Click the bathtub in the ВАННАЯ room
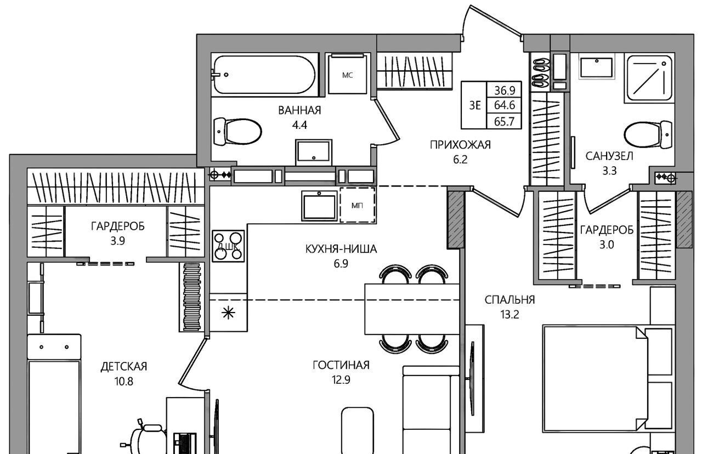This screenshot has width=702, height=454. [x=264, y=75]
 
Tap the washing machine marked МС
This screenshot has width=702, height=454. [x=348, y=74]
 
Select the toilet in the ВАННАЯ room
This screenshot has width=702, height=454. [x=237, y=132]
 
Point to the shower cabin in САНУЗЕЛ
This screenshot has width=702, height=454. [x=648, y=78]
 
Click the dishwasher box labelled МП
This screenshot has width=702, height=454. [x=358, y=205]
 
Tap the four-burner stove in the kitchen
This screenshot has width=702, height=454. [x=228, y=246]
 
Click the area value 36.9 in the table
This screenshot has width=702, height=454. [x=505, y=90]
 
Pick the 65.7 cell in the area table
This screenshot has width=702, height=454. [x=504, y=121]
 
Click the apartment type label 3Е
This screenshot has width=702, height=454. [x=475, y=106]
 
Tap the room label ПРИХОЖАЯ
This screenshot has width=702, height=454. [x=460, y=145]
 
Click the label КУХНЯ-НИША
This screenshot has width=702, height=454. [x=341, y=249]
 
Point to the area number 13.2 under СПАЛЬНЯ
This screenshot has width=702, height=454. [x=509, y=314]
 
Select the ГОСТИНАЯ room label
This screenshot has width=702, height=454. [x=341, y=365]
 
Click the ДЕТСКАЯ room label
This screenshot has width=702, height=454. [x=124, y=367]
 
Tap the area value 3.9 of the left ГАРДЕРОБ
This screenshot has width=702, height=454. [x=117, y=241]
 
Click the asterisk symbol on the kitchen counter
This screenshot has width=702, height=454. [x=228, y=313]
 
